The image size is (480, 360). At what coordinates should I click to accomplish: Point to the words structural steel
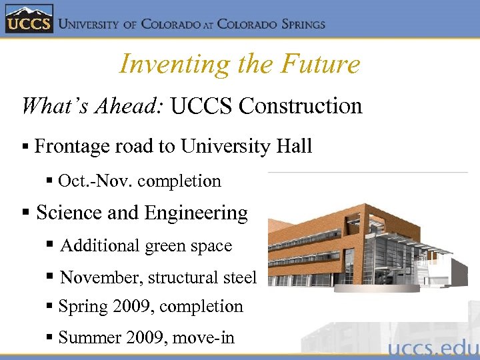coord(202,277)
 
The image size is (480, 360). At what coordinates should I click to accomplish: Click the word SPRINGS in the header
coord(298,24)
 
